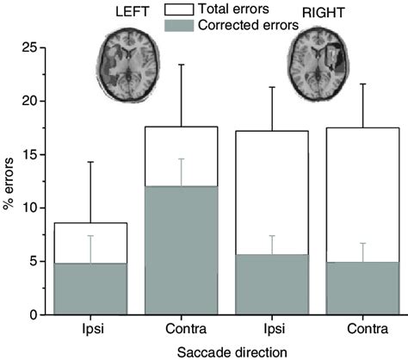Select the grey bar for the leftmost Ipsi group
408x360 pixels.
pyautogui.click(x=90, y=289)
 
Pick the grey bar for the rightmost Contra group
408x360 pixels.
pyautogui.click(x=362, y=289)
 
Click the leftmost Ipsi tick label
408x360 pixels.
pyautogui.click(x=90, y=330)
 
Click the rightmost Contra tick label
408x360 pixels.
pyautogui.click(x=362, y=330)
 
